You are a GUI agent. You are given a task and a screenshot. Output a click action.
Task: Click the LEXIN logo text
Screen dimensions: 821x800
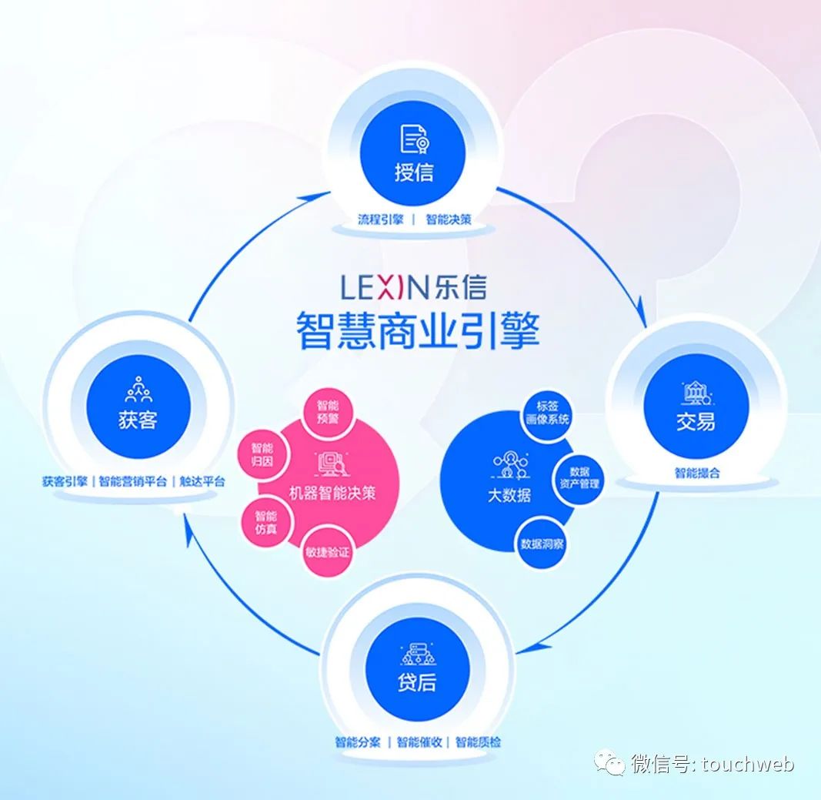[x=384, y=289]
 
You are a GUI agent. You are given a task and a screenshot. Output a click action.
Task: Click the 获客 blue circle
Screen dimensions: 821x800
[x=139, y=405]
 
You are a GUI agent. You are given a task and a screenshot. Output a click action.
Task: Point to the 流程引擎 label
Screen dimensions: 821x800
[x=380, y=219]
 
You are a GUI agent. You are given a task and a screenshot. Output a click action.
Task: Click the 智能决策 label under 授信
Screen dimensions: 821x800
[x=449, y=219]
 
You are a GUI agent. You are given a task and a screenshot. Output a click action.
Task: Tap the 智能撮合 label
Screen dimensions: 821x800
[x=697, y=473]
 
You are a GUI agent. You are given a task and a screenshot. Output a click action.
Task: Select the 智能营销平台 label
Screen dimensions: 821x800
[x=132, y=481]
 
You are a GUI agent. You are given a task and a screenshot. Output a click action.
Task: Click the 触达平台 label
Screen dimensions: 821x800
[x=202, y=481]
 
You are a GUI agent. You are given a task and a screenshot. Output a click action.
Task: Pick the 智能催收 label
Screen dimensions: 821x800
[x=420, y=742]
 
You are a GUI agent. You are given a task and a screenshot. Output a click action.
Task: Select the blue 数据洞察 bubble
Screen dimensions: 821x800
[x=542, y=544]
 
